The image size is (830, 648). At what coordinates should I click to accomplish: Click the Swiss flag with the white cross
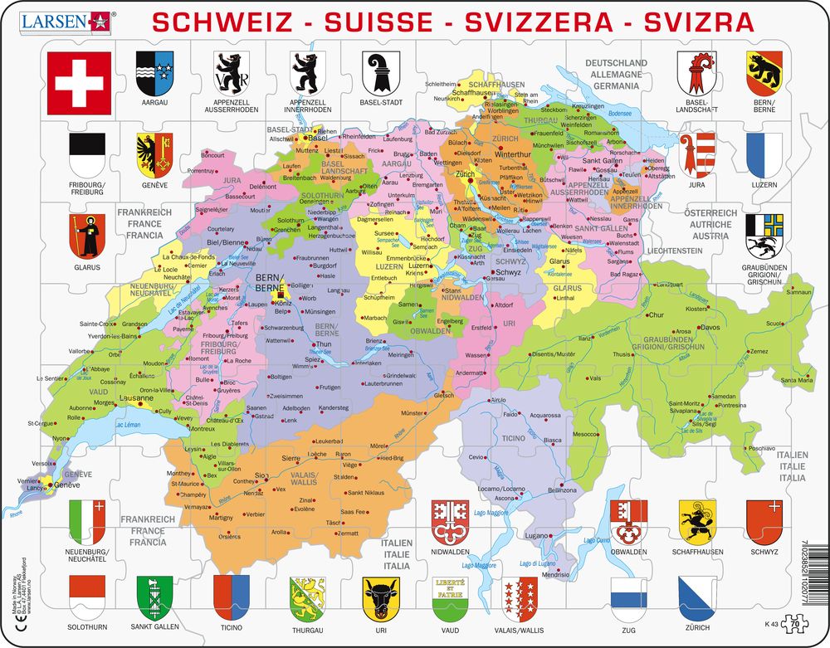79,83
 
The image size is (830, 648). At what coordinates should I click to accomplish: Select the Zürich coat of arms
696,595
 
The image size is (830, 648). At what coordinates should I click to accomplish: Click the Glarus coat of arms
86,236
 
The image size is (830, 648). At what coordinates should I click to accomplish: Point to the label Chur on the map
657,315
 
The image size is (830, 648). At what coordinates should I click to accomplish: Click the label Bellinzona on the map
561,490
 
